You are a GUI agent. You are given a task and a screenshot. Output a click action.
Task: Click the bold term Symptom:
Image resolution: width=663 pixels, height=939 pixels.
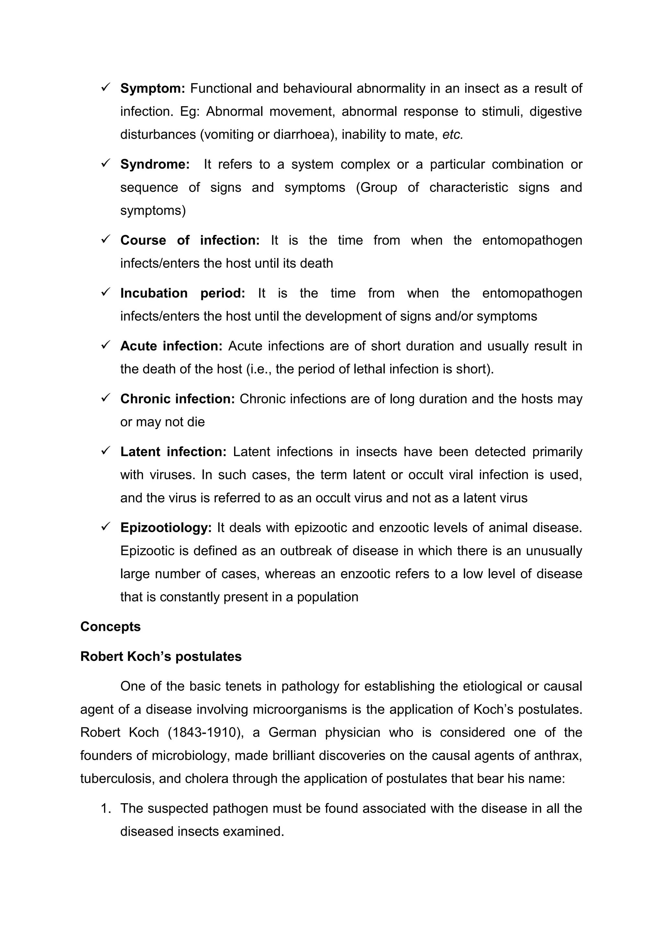coord(152,88)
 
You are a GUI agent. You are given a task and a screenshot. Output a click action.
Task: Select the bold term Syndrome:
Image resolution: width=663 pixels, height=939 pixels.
coord(155,164)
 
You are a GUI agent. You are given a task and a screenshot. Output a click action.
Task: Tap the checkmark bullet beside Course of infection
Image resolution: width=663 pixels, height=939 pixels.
coord(106,239)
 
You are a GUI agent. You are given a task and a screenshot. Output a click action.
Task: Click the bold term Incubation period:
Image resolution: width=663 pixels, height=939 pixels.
coord(182,293)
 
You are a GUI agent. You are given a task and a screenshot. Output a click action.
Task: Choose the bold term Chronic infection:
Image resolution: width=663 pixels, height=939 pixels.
coord(177,399)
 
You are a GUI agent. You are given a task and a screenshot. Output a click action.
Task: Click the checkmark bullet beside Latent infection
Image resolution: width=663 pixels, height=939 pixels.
coord(106,450)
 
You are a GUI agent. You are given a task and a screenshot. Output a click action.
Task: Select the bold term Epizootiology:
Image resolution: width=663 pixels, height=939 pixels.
coord(166,528)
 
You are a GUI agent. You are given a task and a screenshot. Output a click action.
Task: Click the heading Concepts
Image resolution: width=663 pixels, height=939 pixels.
coord(110,627)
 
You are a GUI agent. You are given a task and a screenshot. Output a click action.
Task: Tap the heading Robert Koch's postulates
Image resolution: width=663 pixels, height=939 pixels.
coord(161,656)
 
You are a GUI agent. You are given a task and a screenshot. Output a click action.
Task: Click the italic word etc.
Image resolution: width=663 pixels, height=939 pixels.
coord(453,135)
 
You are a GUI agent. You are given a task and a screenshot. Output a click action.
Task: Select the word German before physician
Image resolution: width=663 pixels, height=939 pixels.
coord(292,732)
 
